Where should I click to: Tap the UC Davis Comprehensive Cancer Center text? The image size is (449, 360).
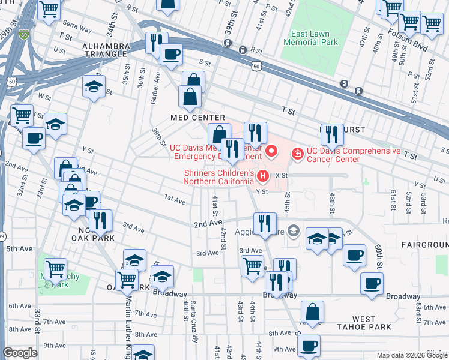click(352, 155)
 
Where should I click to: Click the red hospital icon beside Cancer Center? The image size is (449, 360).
click(297, 155)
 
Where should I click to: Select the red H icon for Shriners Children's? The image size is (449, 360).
click(262, 176)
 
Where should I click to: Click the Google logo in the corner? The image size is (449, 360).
click(20, 353)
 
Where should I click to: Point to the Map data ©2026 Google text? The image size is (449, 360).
click(411, 355)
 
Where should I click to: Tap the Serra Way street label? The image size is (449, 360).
click(76, 26)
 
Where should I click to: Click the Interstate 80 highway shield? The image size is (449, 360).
click(23, 35)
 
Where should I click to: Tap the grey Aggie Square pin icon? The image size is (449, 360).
click(292, 230)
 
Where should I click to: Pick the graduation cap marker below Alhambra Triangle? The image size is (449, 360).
click(94, 86)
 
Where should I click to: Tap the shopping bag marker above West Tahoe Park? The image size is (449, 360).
click(312, 313)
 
